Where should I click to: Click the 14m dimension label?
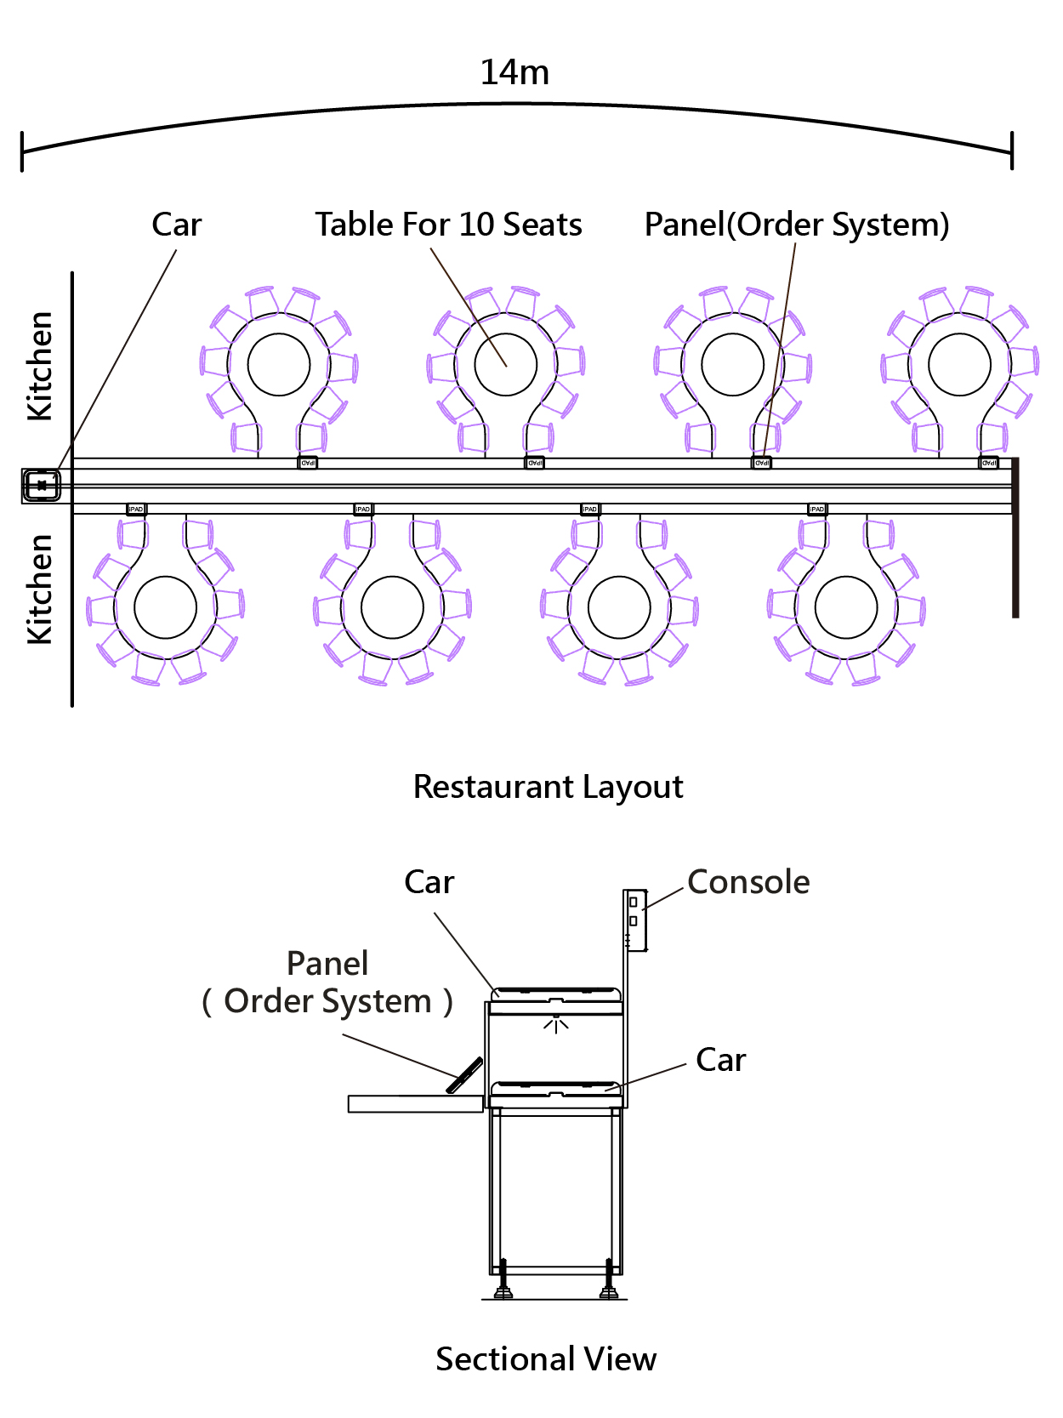[514, 73]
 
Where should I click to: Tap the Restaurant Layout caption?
[548, 787]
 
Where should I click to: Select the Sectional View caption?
[546, 1358]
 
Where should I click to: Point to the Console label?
[748, 882]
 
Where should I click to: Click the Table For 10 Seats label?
[448, 225]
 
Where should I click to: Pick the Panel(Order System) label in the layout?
[797, 225]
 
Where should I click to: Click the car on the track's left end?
[42, 486]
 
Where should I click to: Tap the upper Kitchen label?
[40, 366]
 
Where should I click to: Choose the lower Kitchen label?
[40, 589]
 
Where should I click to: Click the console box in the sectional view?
[635, 920]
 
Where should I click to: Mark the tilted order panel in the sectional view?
[465, 1075]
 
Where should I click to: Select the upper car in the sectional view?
[556, 995]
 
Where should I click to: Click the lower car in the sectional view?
[556, 1090]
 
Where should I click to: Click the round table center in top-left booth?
[279, 364]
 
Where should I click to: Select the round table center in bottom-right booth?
[846, 607]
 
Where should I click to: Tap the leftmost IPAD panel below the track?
[136, 510]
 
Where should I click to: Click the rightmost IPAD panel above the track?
[989, 463]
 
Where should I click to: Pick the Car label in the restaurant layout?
[177, 225]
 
